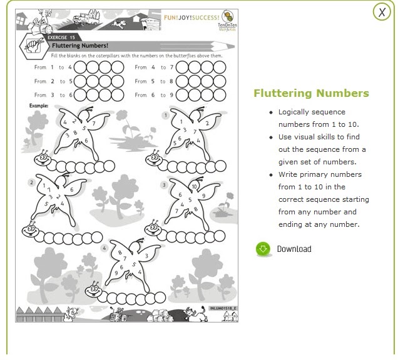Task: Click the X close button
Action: click(x=381, y=12)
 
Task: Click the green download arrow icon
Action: click(x=263, y=249)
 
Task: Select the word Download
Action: click(x=293, y=249)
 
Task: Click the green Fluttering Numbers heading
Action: click(x=311, y=94)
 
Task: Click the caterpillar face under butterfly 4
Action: click(x=94, y=290)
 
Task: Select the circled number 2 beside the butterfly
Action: click(x=31, y=182)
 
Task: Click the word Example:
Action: click(x=39, y=106)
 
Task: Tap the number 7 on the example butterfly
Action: click(x=93, y=124)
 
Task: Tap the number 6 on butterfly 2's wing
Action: click(x=71, y=189)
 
